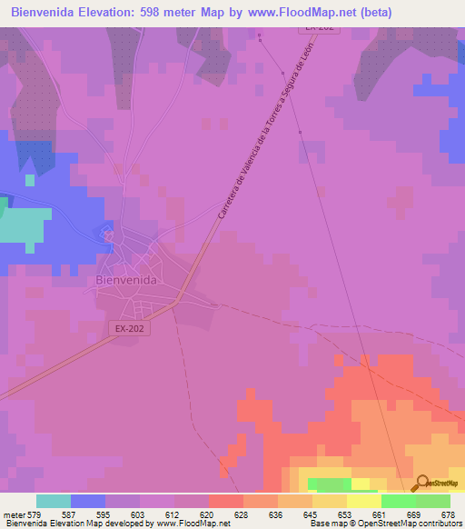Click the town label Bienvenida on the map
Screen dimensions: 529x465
coord(126,281)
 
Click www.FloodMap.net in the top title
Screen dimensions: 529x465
coord(304,14)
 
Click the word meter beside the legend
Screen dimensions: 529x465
coord(15,514)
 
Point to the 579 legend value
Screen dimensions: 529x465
coord(36,514)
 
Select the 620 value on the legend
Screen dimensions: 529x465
coord(209,514)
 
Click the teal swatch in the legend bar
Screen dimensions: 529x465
coord(54,501)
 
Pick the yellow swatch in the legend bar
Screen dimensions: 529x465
coord(363,501)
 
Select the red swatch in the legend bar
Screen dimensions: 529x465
coord(225,501)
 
